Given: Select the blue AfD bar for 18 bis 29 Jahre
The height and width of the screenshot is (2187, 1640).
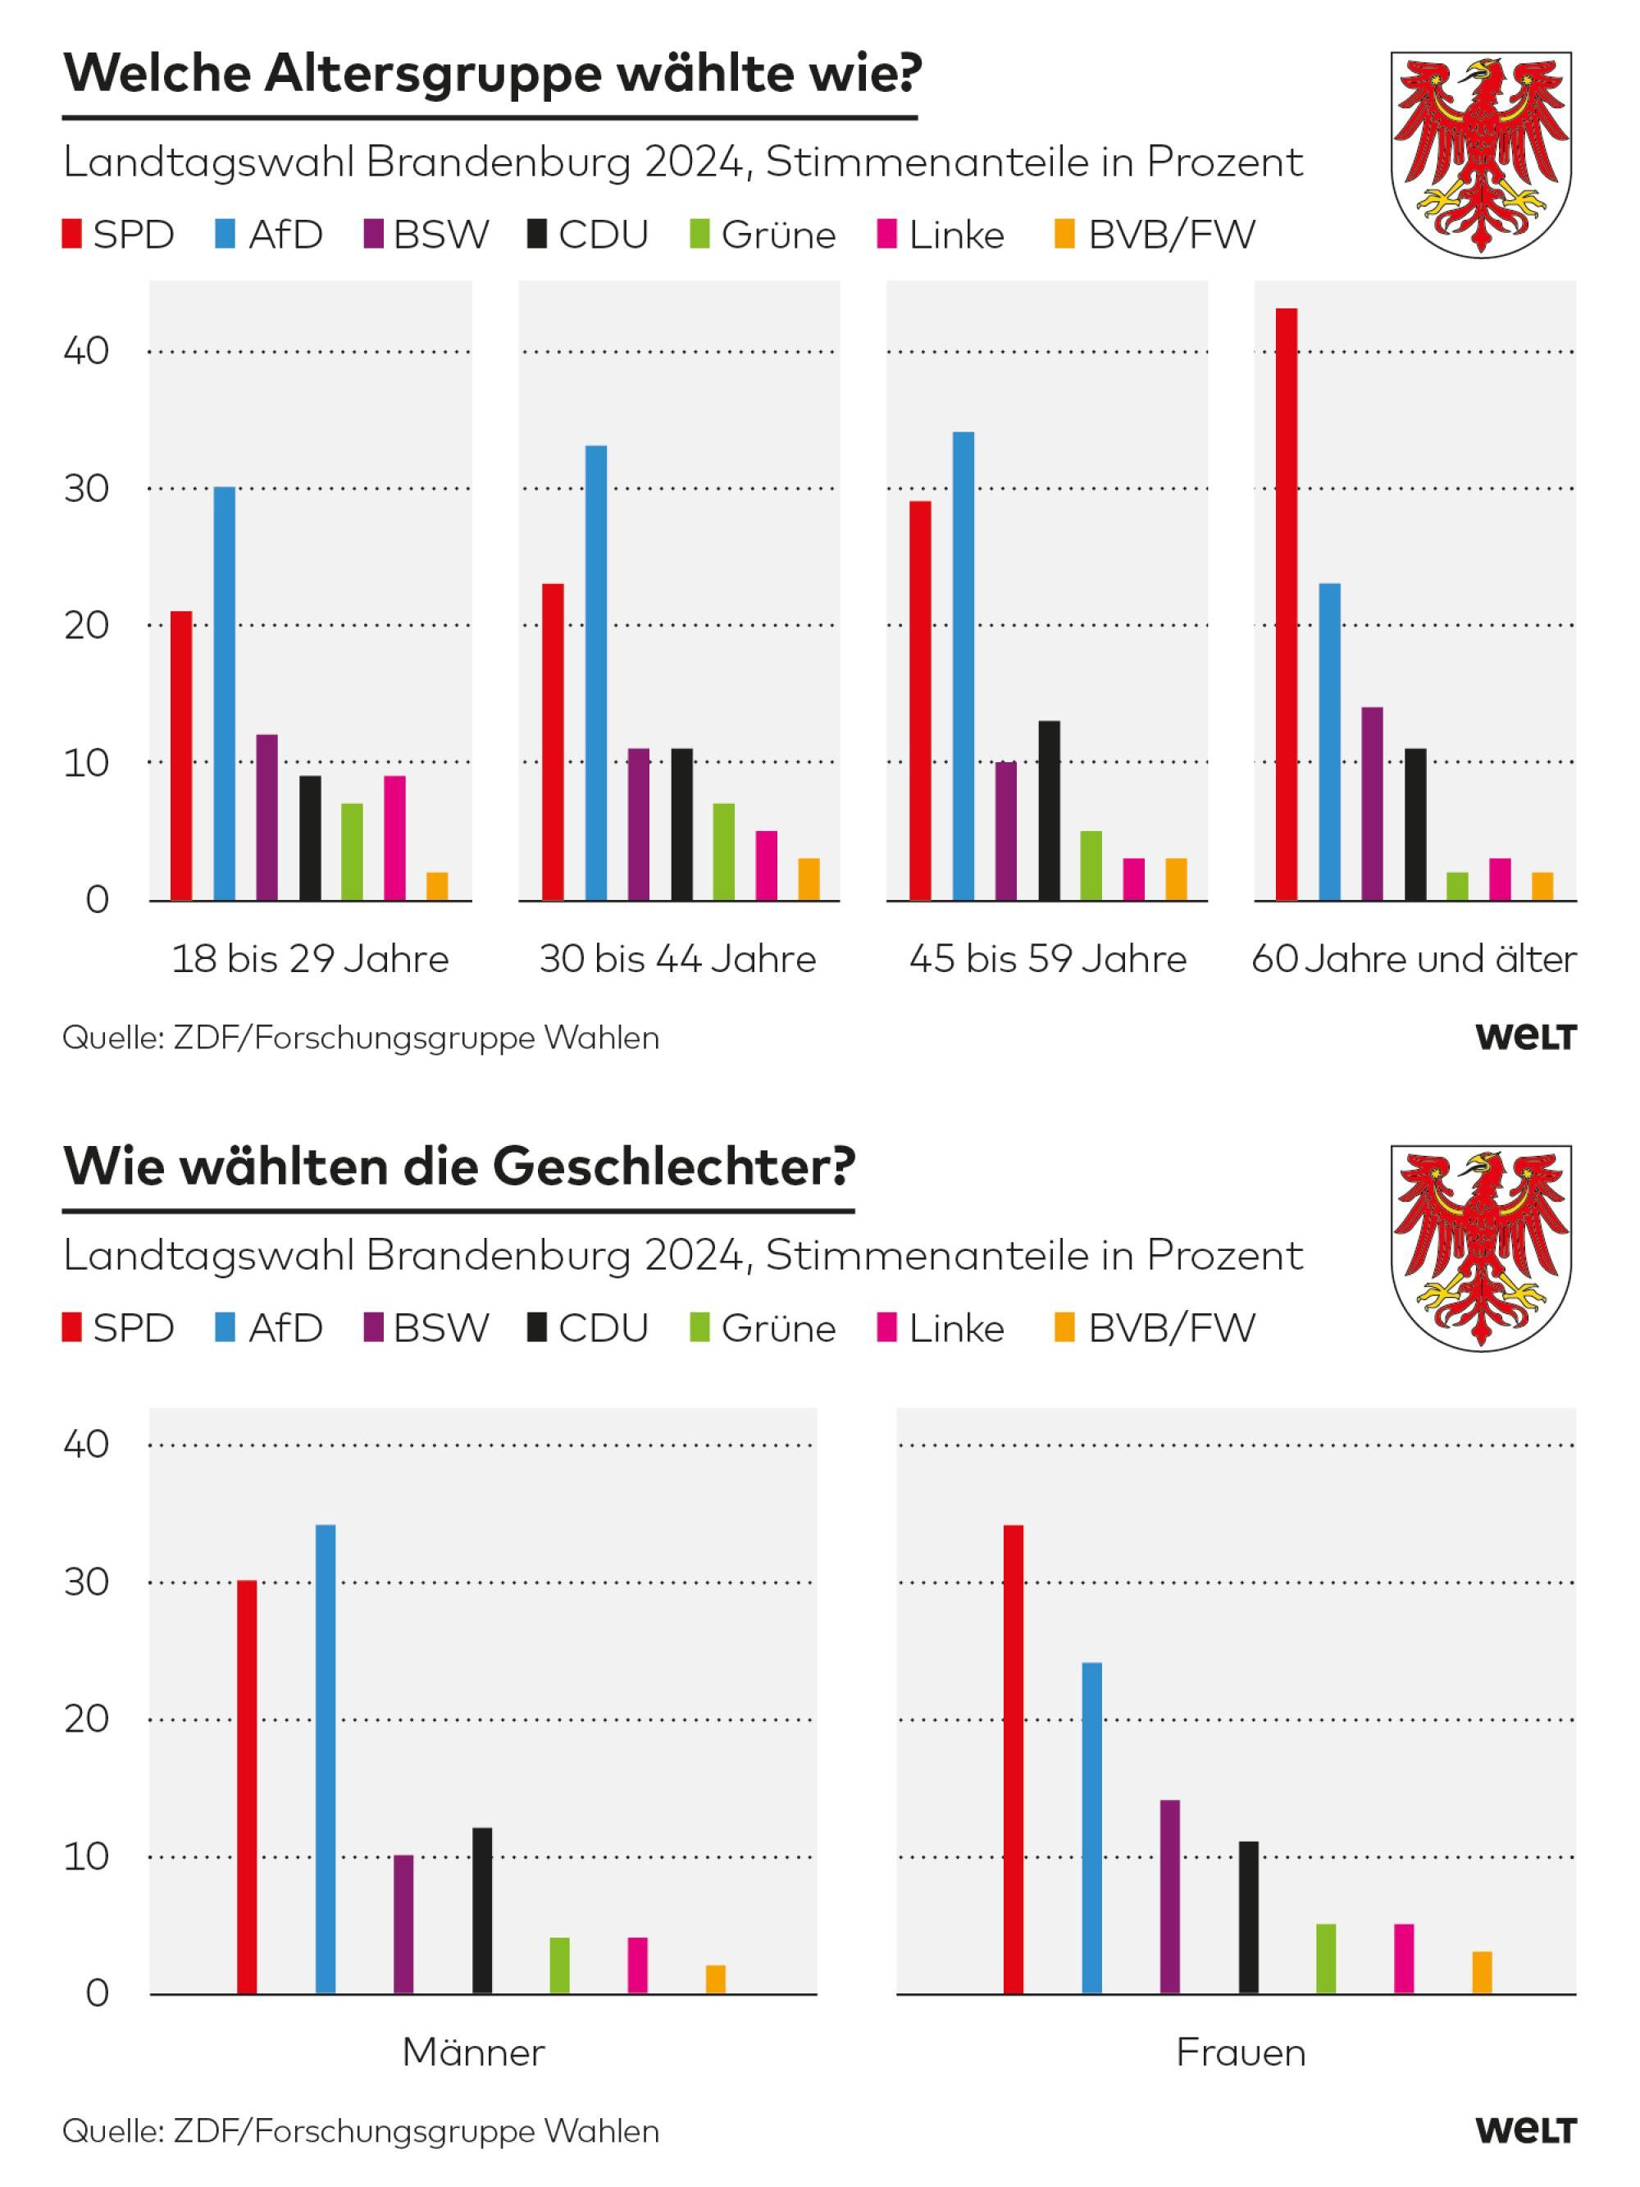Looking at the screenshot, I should click(x=225, y=693).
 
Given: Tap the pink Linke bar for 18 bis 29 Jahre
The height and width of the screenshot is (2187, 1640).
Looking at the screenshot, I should click(x=394, y=838).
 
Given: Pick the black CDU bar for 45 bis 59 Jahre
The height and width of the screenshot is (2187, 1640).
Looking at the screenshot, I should click(x=1049, y=810).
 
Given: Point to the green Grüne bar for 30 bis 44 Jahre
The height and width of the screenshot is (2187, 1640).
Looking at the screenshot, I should click(x=723, y=852).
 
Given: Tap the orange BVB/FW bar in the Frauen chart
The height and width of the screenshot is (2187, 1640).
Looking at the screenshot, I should click(x=1481, y=1972).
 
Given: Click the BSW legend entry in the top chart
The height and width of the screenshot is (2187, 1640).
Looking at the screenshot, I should click(x=427, y=235).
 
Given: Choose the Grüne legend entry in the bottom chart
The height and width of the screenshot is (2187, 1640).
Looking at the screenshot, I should click(x=763, y=1328).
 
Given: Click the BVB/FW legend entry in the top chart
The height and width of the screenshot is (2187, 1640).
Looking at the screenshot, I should click(x=1155, y=235).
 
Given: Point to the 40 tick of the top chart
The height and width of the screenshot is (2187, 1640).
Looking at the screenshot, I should click(x=86, y=351).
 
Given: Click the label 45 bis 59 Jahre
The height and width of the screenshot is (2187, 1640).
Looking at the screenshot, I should click(x=1048, y=959).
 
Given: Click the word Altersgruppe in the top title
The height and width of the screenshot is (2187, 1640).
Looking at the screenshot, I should click(x=432, y=75).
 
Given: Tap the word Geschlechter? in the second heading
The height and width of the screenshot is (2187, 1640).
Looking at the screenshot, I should click(x=673, y=1167).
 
